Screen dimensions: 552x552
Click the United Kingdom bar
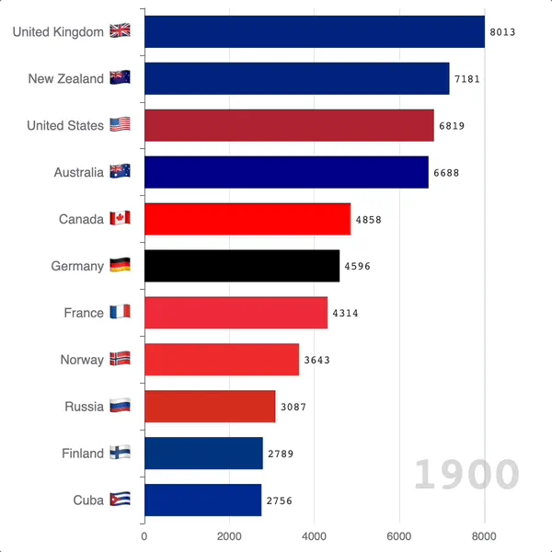(x=315, y=31)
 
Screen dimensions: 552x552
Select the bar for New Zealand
(x=297, y=78)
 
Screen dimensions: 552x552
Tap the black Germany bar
(x=242, y=266)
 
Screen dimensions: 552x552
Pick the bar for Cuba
(x=203, y=500)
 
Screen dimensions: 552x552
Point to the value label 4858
(x=368, y=219)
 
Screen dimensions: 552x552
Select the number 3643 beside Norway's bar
(x=316, y=360)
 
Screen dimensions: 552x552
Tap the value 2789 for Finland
(x=281, y=454)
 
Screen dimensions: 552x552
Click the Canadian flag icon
(x=120, y=219)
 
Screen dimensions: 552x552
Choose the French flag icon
(x=120, y=313)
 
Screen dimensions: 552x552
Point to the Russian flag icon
(x=120, y=406)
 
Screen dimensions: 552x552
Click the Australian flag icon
(x=120, y=172)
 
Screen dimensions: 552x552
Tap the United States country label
(x=65, y=125)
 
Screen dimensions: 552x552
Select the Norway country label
(x=82, y=360)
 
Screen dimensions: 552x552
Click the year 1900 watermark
(x=466, y=475)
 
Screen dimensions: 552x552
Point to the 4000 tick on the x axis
(x=314, y=535)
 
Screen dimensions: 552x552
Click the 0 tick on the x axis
(x=144, y=535)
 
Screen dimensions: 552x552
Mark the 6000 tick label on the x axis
(x=399, y=535)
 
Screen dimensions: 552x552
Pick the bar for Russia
(x=210, y=407)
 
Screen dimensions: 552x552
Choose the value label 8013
(x=502, y=31)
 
